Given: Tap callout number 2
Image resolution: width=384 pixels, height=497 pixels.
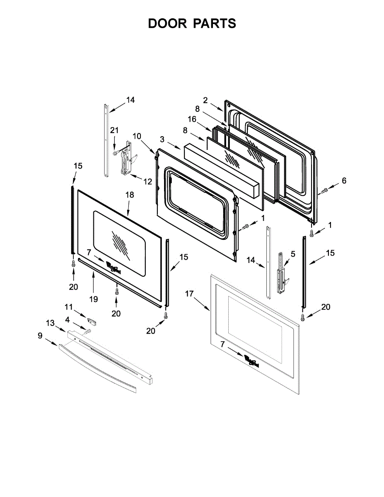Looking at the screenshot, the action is [205, 100].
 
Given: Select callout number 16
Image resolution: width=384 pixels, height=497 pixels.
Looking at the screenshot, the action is [192, 119].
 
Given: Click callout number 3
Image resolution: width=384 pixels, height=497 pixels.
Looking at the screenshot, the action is [162, 138].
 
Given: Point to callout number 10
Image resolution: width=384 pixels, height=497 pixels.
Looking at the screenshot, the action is [137, 136].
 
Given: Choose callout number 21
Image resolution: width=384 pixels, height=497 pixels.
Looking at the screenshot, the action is [114, 130].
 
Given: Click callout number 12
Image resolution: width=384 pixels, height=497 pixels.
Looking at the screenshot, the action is [148, 181].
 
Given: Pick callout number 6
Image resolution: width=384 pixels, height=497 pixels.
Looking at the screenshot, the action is [344, 181].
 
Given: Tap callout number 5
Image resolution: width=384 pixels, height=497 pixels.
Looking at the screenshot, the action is [293, 253].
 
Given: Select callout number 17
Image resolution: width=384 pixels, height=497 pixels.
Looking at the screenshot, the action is [189, 294].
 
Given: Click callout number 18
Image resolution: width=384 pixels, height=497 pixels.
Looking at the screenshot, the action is [130, 194].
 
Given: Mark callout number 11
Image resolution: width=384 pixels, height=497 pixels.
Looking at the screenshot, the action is [68, 307].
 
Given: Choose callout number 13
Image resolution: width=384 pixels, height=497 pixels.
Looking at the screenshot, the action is [50, 323].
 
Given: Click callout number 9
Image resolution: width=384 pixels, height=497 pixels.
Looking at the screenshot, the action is [40, 336].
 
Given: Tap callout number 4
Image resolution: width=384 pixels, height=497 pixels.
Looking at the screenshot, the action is [68, 320].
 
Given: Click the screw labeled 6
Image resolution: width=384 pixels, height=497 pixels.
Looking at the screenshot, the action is [324, 191].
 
